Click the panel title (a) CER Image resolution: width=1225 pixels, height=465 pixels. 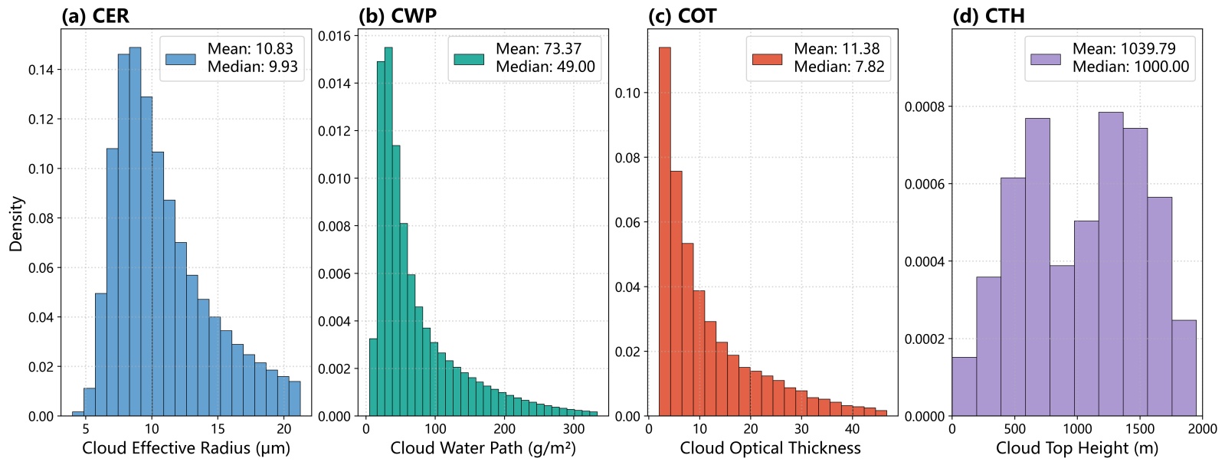pyautogui.click(x=95, y=16)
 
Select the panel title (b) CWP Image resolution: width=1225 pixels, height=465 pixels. pyautogui.click(x=397, y=16)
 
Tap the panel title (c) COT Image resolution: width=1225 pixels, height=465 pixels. pyautogui.click(x=681, y=16)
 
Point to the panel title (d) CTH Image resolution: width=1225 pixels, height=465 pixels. pyautogui.click(x=988, y=16)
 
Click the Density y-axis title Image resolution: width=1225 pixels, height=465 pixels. pyautogui.click(x=16, y=224)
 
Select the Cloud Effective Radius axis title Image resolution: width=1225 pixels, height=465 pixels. pyautogui.click(x=186, y=448)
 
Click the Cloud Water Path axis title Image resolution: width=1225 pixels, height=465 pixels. pyautogui.click(x=483, y=448)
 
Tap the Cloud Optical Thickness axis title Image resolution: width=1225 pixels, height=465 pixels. pyautogui.click(x=770, y=448)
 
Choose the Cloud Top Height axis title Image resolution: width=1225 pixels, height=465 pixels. pyautogui.click(x=1076, y=448)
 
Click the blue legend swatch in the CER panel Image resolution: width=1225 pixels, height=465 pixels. pyautogui.click(x=181, y=58)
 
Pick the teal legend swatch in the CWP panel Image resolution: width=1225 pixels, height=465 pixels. pyautogui.click(x=469, y=59)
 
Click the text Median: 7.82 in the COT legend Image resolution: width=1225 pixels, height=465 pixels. pyautogui.click(x=839, y=67)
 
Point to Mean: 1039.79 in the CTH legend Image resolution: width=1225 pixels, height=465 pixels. pyautogui.click(x=1124, y=49)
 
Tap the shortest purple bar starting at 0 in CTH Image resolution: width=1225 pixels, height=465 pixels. pyautogui.click(x=964, y=387)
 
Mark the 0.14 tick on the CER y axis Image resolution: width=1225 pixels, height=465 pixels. pyautogui.click(x=41, y=70)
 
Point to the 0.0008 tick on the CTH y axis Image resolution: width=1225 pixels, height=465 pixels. pyautogui.click(x=924, y=106)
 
